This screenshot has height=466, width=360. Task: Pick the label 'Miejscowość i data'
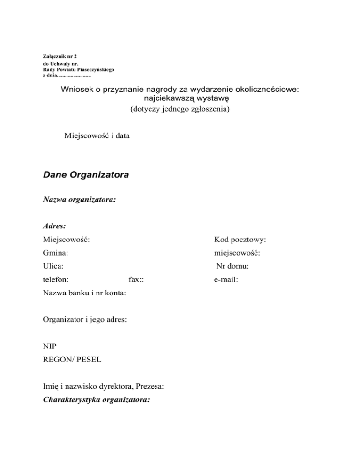point(97,136)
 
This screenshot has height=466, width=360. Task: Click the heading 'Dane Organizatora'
point(86,175)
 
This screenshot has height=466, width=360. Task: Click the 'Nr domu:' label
point(232,266)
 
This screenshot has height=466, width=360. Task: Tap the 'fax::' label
point(136,280)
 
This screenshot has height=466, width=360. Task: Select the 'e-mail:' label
point(225,280)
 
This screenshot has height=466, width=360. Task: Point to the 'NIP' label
point(49,346)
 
